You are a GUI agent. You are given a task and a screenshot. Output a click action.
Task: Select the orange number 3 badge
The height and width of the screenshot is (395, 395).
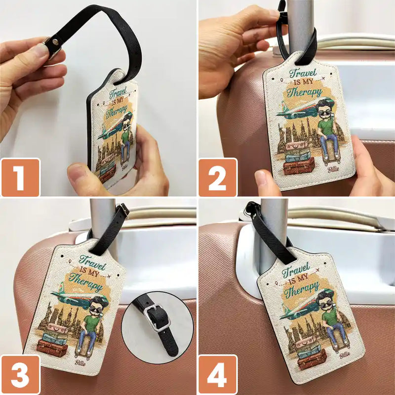(x=20, y=375)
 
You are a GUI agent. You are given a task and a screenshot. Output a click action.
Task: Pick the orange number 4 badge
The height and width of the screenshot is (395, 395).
(x=218, y=375)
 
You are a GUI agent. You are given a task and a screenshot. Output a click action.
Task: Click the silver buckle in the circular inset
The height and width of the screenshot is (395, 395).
(x=157, y=316)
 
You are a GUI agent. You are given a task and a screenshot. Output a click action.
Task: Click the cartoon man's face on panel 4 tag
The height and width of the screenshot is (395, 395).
(x=326, y=300)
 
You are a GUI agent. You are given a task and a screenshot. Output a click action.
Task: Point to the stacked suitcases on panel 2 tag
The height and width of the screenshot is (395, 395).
(x=298, y=158)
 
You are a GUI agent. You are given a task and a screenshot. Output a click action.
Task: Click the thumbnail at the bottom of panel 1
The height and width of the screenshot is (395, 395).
(x=78, y=175)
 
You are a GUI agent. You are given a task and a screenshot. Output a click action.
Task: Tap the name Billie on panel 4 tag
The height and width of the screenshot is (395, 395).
(x=344, y=354)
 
